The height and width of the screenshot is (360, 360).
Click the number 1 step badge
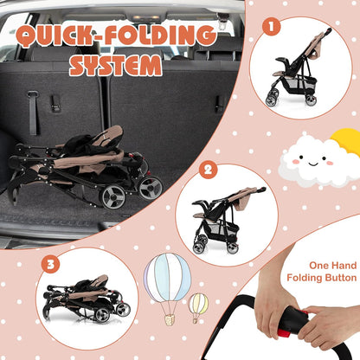coord(271,27)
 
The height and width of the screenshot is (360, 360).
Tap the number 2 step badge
coord(208,170)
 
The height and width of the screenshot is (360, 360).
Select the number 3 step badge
coord(50,264)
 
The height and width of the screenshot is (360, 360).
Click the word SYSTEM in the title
coord(116,66)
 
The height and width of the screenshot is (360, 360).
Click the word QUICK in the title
coord(55,36)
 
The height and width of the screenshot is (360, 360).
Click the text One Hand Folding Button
coord(322,272)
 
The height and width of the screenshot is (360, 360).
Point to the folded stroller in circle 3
coord(87,299)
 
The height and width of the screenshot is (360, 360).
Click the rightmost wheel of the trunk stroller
coord(151,188)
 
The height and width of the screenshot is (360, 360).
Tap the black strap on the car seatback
coord(33,113)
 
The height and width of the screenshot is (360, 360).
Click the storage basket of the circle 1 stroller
coord(300,85)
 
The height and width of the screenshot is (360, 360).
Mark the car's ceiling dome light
coord(146,18)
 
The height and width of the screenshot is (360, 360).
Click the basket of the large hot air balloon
coord(170,320)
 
